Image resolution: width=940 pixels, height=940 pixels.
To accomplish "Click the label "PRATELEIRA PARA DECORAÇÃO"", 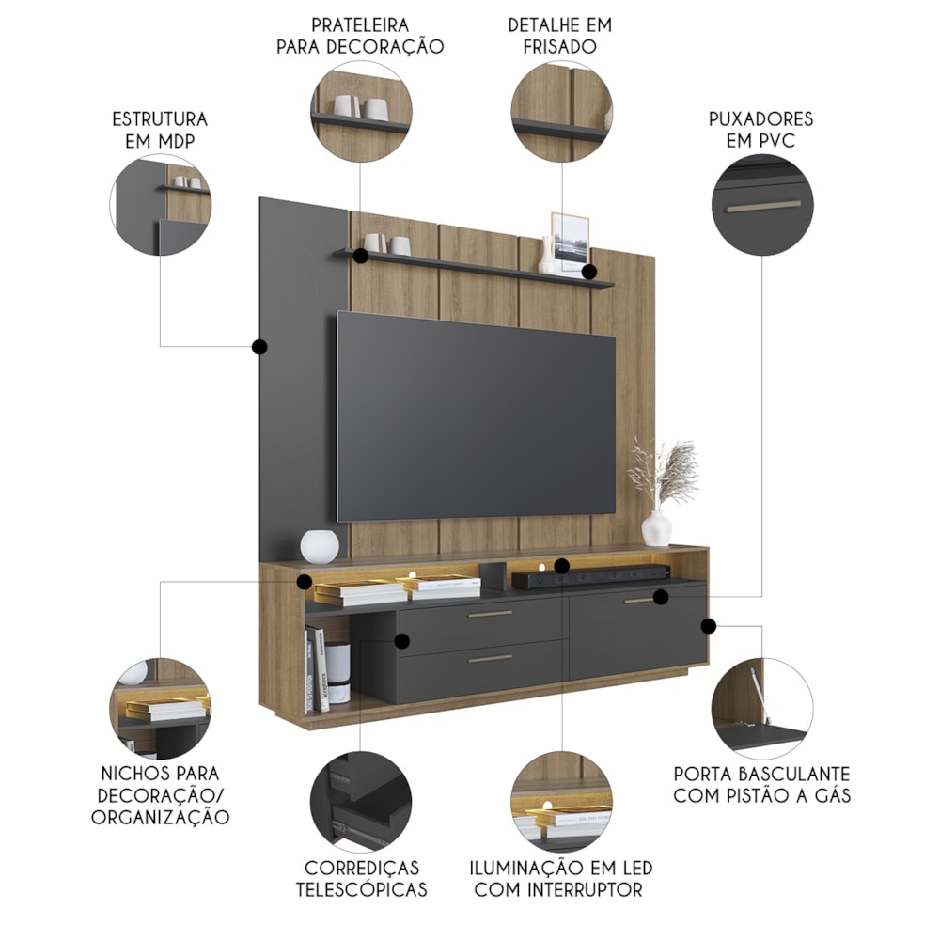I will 360,34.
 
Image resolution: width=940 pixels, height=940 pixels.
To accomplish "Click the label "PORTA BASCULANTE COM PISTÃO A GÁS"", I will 761,785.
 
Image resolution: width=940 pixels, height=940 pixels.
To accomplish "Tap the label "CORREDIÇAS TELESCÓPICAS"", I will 362,878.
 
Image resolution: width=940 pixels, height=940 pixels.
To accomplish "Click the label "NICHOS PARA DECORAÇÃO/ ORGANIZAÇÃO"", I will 160,795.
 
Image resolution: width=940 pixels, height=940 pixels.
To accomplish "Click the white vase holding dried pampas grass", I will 657,528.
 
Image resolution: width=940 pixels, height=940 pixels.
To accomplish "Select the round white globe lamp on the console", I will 319,546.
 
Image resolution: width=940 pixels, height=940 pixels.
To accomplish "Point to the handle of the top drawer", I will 490,614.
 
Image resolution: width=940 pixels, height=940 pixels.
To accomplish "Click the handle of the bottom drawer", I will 490,658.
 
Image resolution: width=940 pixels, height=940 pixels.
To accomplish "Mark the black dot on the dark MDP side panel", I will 259,347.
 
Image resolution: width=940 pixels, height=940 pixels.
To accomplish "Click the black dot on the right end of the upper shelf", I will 589,273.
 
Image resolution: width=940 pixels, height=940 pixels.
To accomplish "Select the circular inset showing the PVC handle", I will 762,205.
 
